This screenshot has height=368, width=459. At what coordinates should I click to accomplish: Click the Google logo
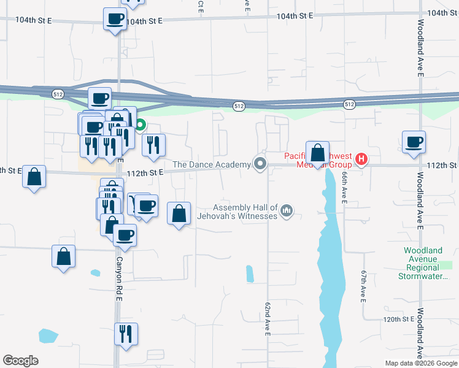pyautogui.click(x=20, y=361)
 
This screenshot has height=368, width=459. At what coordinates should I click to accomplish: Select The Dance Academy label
pyautogui.click(x=212, y=164)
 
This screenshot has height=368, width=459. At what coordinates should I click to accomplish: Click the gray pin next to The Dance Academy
pyautogui.click(x=260, y=164)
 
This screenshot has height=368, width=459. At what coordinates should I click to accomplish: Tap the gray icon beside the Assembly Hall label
pyautogui.click(x=286, y=212)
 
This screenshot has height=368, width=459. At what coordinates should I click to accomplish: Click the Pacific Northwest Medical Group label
pyautogui.click(x=317, y=160)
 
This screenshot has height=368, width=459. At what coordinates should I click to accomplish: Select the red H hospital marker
pyautogui.click(x=361, y=160)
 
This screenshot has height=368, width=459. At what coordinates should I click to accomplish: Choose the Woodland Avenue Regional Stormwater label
pyautogui.click(x=422, y=263)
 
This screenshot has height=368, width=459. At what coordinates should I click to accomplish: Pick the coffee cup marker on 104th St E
pyautogui.click(x=115, y=19)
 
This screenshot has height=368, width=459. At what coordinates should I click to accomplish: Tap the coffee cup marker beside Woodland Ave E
pyautogui.click(x=414, y=142)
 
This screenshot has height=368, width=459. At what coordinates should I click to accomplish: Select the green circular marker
pyautogui.click(x=140, y=126)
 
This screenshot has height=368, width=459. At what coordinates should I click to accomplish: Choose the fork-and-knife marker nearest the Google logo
pyautogui.click(x=126, y=334)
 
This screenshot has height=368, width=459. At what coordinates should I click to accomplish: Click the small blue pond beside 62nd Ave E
pyautogui.click(x=250, y=274)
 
